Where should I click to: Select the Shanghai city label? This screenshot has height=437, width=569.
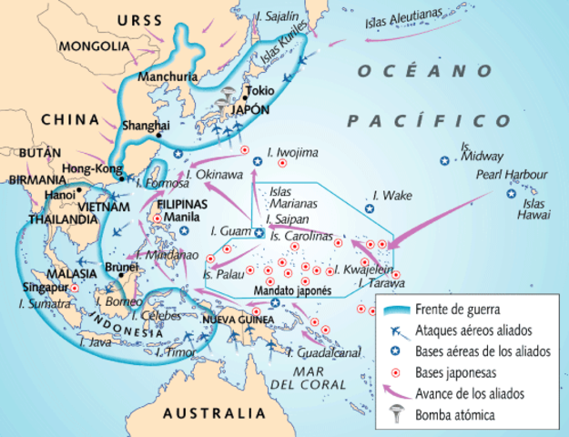click(147, 125)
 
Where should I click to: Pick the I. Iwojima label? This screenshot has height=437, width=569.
click(293, 152)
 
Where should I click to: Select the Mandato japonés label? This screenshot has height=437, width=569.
click(290, 290)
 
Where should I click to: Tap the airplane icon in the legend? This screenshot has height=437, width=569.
click(394, 330)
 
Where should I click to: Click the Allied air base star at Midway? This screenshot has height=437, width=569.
click(444, 160)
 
